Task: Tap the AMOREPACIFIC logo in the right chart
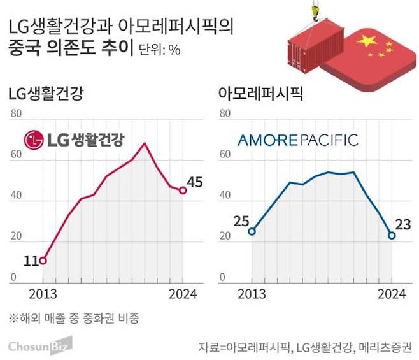(x=297, y=140)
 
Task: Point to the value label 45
(x=195, y=182)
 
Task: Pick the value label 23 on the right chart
(x=402, y=224)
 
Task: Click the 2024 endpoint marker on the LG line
(x=183, y=190)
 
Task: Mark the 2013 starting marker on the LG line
(x=43, y=261)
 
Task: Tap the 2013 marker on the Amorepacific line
(x=252, y=231)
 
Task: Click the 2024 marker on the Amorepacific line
(x=392, y=235)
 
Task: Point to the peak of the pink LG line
(x=145, y=143)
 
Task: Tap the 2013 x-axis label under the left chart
(x=42, y=294)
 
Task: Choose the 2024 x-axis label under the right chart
(x=391, y=294)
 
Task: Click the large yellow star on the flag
(x=367, y=41)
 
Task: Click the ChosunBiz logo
(x=40, y=346)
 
